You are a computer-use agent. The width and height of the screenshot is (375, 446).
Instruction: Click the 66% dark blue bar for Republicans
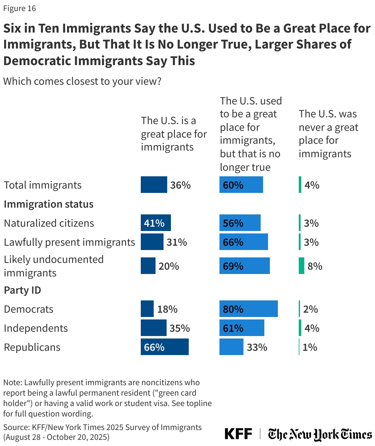[164, 347]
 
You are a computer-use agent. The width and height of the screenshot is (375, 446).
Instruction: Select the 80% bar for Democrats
[248, 309]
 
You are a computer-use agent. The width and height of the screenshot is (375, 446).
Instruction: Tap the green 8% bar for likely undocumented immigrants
[301, 266]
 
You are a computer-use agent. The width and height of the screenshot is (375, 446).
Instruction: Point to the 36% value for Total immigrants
[180, 185]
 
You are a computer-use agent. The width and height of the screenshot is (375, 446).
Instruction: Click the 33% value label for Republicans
[257, 347]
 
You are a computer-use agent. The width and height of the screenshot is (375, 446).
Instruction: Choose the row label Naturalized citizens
[49, 223]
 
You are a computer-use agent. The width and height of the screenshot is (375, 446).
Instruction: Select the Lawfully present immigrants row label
[69, 242]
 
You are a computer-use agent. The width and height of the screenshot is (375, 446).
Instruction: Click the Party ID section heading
[22, 290]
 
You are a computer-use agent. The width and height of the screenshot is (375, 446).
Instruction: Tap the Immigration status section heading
[49, 204]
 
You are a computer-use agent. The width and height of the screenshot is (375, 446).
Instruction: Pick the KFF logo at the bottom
[238, 434]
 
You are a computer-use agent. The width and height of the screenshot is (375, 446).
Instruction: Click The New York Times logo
[320, 434]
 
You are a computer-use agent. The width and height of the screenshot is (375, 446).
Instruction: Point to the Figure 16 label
[20, 8]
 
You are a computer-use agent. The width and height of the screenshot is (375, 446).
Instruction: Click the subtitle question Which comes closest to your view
[82, 81]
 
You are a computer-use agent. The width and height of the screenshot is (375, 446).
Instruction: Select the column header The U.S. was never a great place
[328, 134]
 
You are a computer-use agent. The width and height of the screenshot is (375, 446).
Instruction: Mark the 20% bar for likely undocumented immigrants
[148, 266]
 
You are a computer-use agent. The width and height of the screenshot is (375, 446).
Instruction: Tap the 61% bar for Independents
[242, 328]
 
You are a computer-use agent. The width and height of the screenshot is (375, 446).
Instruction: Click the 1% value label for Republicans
[310, 347]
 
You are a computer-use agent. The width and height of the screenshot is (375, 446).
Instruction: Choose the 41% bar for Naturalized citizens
[156, 223]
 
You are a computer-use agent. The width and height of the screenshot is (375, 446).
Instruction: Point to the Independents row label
[36, 328]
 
